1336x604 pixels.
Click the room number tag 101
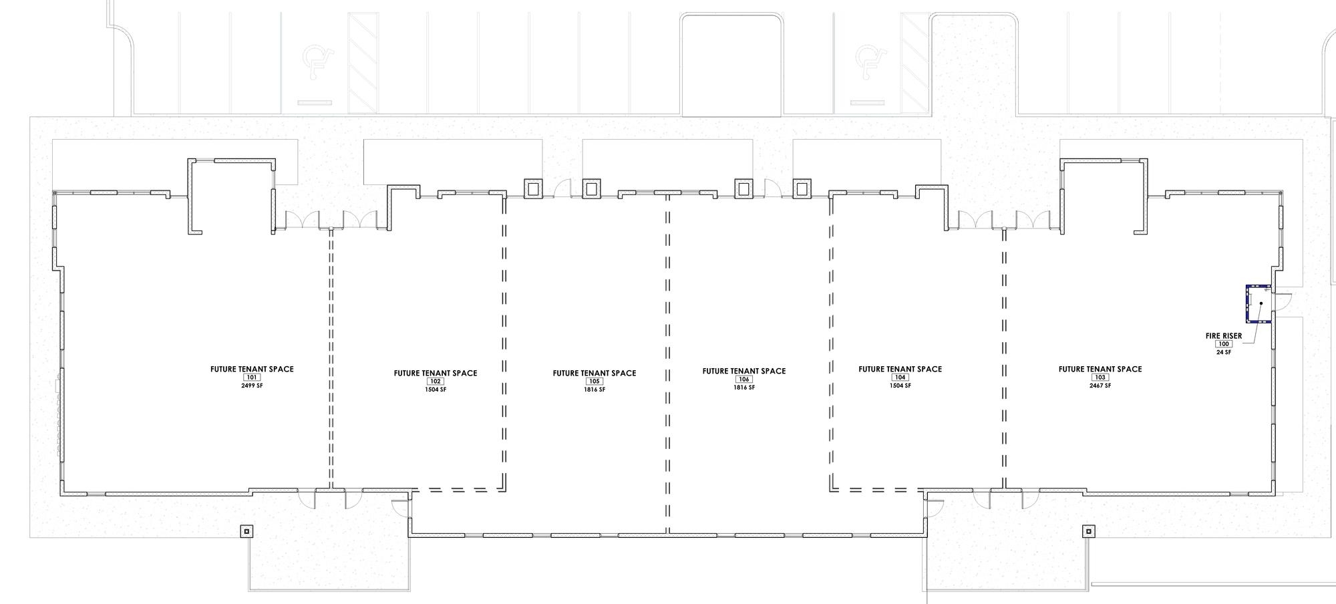click(252, 377)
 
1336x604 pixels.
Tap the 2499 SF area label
click(252, 386)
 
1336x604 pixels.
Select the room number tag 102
click(436, 382)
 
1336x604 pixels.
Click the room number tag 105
click(595, 382)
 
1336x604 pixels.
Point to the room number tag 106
click(744, 380)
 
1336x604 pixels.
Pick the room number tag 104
click(900, 377)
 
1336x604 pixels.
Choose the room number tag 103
click(1100, 377)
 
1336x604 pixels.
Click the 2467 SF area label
click(1100, 386)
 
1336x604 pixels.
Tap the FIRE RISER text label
click(1224, 336)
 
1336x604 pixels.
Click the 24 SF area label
click(1224, 352)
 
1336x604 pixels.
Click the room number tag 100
click(1224, 344)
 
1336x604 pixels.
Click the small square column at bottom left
click(246, 531)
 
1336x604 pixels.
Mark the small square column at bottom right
click(1089, 531)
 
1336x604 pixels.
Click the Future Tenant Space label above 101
click(252, 369)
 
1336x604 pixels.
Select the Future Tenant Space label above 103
click(1100, 369)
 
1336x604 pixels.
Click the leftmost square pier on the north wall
click(532, 189)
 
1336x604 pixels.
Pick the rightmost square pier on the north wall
click(802, 189)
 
